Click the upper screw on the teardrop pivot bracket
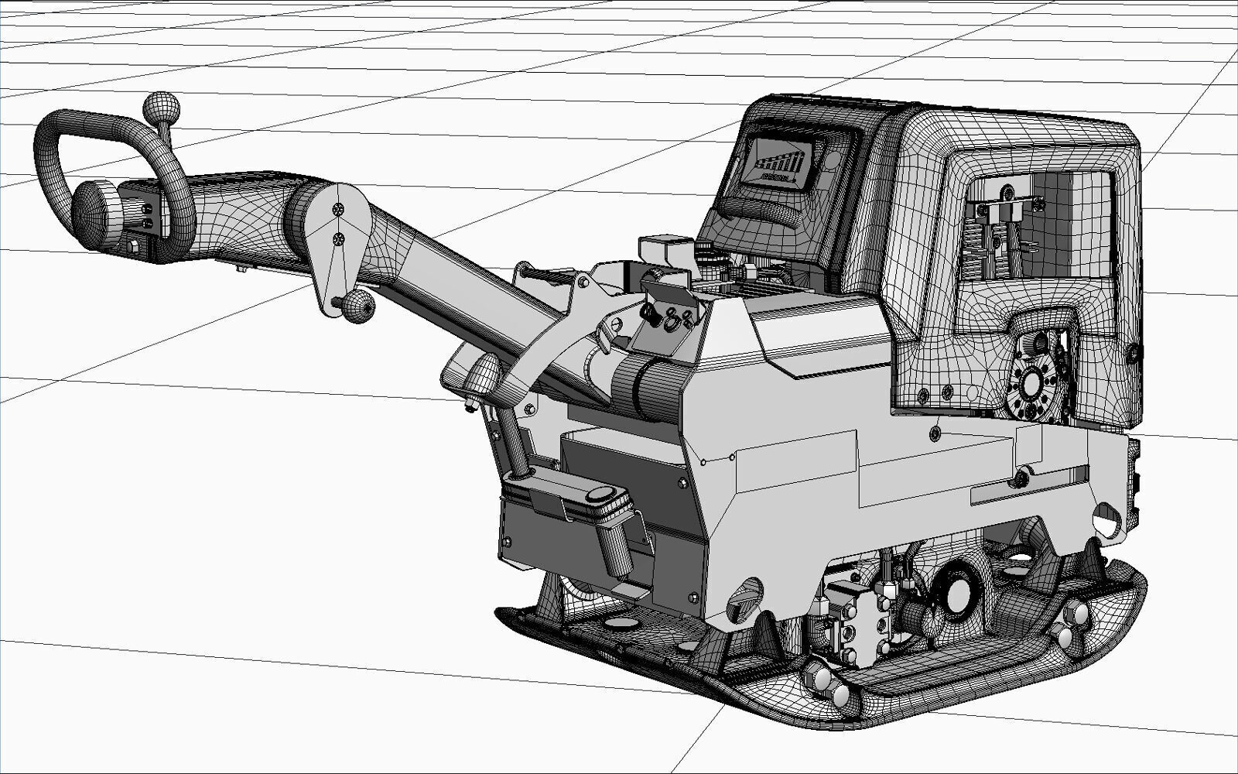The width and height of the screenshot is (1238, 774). tap(337, 210)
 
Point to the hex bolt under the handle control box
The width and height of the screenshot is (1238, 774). tap(135, 246)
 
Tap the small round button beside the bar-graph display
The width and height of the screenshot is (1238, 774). tap(833, 162)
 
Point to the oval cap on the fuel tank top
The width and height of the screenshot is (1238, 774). tap(601, 495)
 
